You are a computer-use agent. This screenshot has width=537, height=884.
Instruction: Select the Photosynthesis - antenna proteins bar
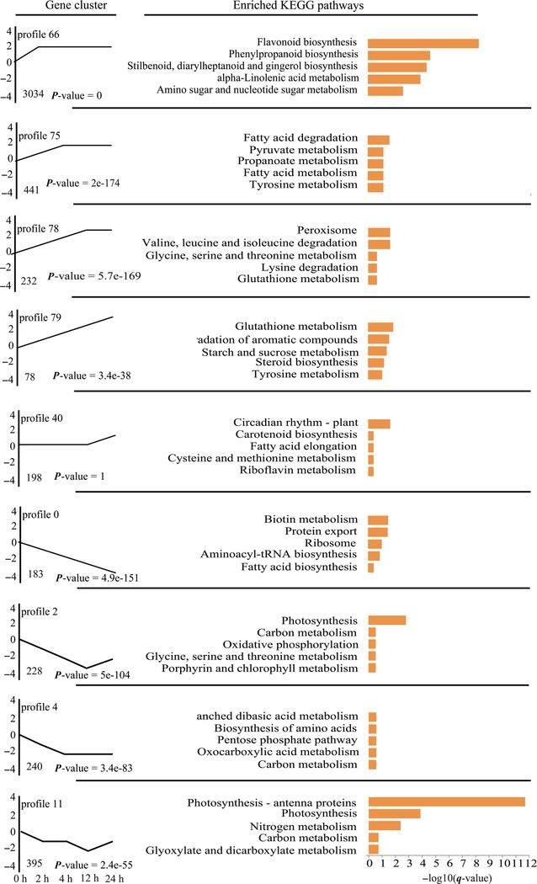447,801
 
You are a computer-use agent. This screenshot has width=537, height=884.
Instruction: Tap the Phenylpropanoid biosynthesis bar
399,55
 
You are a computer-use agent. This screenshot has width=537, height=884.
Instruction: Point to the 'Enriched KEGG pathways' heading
311,7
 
